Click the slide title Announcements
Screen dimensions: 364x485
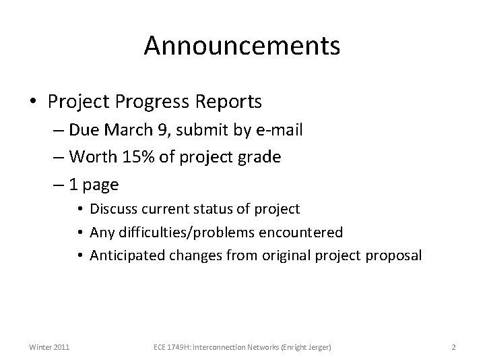(x=243, y=47)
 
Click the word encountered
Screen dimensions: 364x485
(x=304, y=233)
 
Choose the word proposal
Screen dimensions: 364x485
(x=393, y=255)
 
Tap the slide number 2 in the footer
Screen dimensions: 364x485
(x=453, y=347)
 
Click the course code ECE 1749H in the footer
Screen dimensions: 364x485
(x=168, y=347)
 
